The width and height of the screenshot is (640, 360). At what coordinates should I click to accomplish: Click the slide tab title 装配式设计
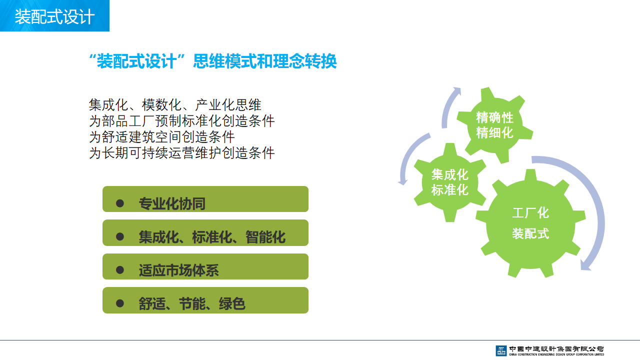tap(54, 16)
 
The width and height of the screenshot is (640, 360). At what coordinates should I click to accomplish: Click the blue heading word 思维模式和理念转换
tap(265, 61)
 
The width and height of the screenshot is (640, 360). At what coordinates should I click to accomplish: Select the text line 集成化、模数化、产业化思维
tap(175, 105)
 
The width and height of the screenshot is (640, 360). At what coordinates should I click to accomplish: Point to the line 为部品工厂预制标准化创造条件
tap(181, 121)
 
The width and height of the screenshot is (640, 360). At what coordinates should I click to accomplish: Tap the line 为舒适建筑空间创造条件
tap(161, 137)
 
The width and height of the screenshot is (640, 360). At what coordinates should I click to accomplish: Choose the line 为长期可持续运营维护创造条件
tap(181, 153)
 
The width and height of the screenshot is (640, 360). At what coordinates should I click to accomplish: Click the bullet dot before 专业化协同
tap(120, 203)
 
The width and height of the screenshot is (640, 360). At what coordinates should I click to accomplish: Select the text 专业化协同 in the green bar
tap(172, 203)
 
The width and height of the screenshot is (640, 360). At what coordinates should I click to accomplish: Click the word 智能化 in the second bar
tap(265, 237)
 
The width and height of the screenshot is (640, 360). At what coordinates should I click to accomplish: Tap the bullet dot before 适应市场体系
tap(120, 270)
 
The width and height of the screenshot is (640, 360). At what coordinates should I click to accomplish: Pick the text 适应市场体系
tap(179, 270)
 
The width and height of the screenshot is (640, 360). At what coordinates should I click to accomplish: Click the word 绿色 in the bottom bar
tap(232, 303)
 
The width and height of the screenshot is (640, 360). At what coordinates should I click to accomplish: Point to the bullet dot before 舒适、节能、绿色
tap(120, 303)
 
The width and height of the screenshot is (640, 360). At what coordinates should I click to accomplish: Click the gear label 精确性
tap(494, 117)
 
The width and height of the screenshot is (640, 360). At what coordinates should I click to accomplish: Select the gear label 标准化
tap(449, 190)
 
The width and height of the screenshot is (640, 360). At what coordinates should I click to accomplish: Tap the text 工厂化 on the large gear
tap(530, 213)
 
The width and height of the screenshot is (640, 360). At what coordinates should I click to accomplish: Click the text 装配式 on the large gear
tap(530, 233)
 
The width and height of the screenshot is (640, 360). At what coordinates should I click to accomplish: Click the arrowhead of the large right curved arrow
tap(585, 265)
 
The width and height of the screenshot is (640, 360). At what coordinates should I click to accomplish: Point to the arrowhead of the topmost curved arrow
tap(457, 91)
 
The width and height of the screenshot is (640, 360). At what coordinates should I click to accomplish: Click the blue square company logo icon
tap(501, 350)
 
